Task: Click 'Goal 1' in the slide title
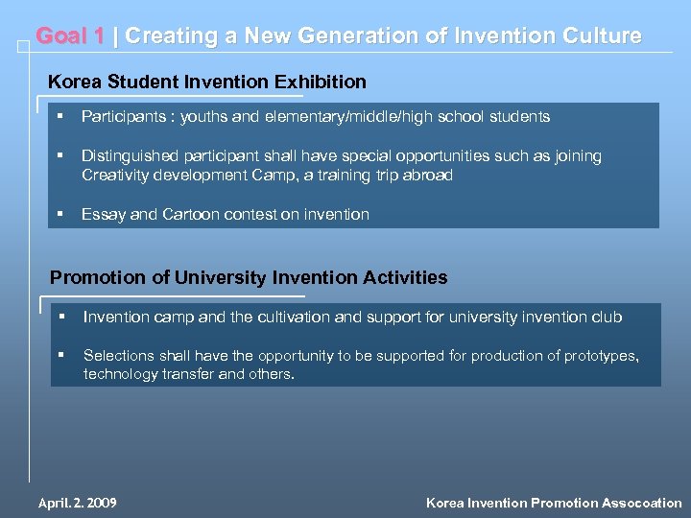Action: click(x=70, y=36)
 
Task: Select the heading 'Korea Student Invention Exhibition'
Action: click(x=207, y=82)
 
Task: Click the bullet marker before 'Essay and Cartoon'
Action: click(x=60, y=213)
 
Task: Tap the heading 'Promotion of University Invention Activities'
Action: click(x=249, y=278)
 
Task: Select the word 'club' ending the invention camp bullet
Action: click(x=607, y=317)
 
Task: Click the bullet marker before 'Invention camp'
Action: click(x=60, y=316)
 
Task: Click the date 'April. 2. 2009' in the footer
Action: click(x=77, y=503)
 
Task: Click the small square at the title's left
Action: click(x=23, y=45)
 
